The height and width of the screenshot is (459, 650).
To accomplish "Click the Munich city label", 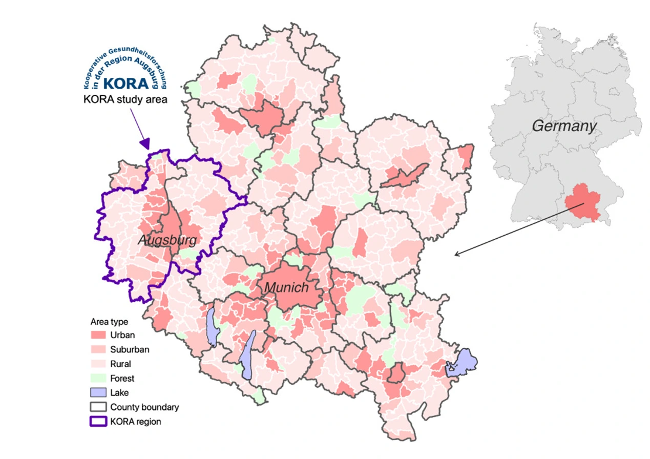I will point(286,288).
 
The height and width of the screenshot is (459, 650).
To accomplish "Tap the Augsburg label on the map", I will point(167,240).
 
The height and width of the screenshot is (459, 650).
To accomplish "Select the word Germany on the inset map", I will point(564,126).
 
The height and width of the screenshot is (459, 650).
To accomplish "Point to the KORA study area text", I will point(125,99).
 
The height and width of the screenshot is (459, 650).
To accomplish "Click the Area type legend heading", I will point(109,322).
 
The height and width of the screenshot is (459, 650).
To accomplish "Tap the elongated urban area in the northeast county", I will point(405,176).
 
